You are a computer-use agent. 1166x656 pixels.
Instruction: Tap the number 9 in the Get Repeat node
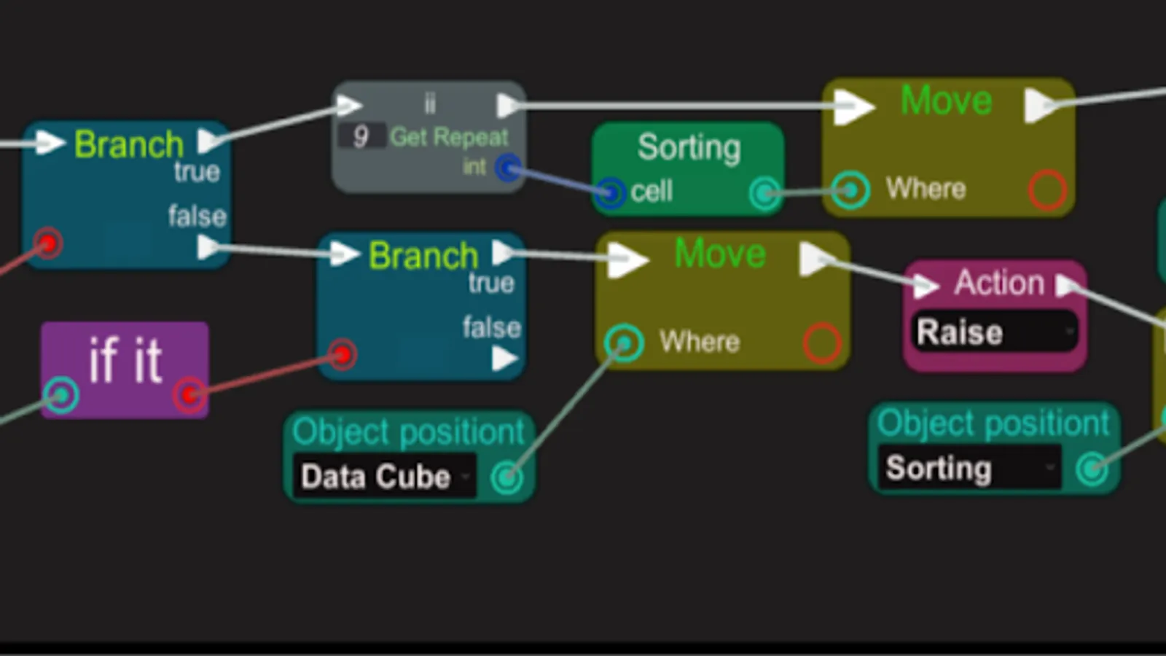[361, 136]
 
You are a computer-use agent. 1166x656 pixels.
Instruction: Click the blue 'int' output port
[508, 168]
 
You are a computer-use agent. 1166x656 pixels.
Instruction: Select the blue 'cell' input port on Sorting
[610, 192]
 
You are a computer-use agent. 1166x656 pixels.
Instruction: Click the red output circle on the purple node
[189, 395]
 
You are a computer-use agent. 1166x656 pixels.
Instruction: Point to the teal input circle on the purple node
[61, 394]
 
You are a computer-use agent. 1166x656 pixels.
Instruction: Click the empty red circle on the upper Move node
[1047, 190]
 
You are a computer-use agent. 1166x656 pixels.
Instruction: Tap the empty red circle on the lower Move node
[822, 343]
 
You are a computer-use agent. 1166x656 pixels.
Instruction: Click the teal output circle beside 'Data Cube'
[506, 477]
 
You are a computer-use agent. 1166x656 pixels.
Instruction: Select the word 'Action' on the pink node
[999, 282]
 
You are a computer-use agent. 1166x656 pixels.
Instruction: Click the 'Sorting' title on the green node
[689, 147]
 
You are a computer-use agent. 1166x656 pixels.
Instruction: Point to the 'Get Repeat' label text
[449, 137]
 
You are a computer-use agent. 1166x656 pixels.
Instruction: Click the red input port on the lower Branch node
[342, 355]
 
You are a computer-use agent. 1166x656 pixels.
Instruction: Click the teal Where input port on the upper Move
[850, 190]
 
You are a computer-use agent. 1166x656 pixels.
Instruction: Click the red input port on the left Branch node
[48, 243]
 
